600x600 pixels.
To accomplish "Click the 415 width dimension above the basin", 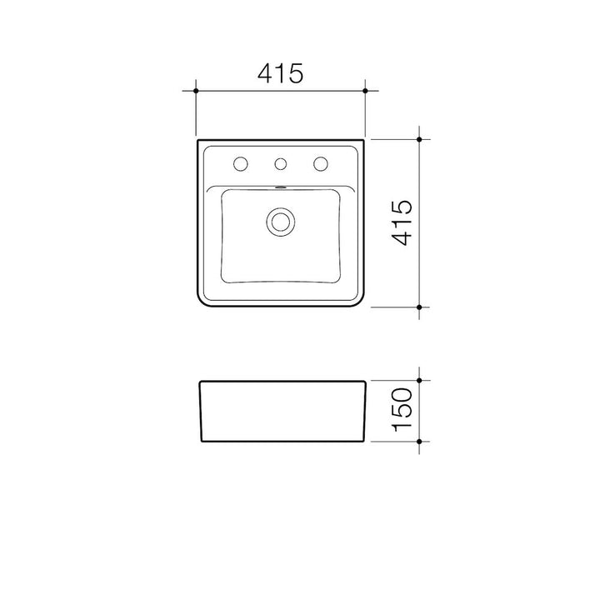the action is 281,73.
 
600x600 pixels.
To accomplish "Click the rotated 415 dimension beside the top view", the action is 402,222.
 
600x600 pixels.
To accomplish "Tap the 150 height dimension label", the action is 402,410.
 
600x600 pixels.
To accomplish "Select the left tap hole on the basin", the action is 241,164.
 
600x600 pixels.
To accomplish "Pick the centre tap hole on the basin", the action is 281,164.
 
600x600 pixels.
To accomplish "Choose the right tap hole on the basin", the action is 321,164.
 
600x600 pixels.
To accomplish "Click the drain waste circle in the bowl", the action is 281,222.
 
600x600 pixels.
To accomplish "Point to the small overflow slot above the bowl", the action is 281,187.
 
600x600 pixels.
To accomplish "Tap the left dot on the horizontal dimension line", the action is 196,91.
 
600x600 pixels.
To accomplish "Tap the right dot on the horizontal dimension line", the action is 365,91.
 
